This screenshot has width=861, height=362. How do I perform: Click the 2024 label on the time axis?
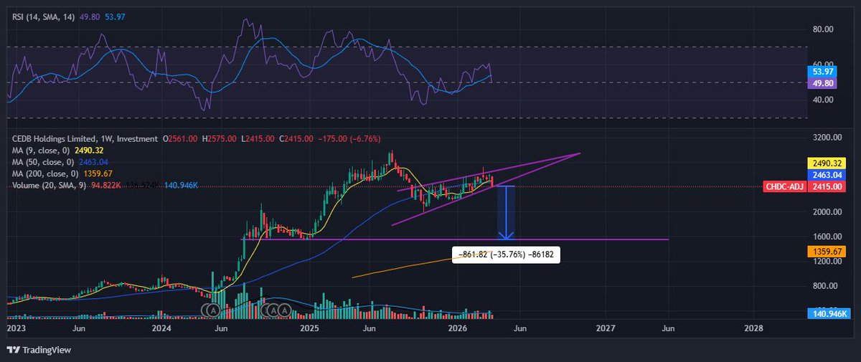pos(161,328)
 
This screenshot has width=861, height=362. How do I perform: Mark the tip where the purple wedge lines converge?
pos(580,153)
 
